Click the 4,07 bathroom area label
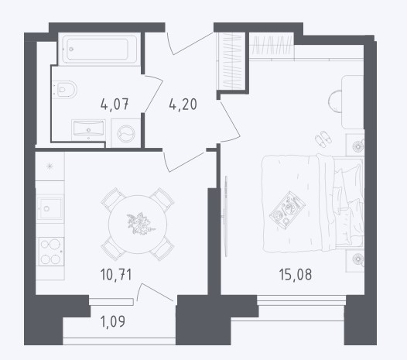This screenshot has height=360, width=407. pos(115,105)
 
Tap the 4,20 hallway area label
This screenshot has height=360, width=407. pos(183,105)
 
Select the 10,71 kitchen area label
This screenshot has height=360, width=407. pos(116,275)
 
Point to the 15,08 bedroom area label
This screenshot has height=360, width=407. pos(296,275)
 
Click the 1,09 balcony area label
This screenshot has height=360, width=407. pos(113,321)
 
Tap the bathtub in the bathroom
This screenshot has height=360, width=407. pos(97,49)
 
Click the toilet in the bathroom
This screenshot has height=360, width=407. pos(65,90)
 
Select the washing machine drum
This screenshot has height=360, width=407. pos(126,134)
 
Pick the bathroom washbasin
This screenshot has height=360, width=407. pos(88,129)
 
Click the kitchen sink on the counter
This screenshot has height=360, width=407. pos(50,208)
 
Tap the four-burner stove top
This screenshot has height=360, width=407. pos(51,252)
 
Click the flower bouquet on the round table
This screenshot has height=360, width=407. pos(141,224)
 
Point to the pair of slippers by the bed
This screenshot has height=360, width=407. pos(323,139)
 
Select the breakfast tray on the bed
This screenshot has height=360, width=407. pos(287,211)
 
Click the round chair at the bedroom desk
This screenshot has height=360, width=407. pos(335,101)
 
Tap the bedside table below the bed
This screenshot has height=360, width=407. pos(355,261)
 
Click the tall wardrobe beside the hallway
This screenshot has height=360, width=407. pos(231,62)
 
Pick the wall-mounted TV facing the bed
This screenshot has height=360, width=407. pos(225,216)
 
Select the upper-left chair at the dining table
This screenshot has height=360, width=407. pos(112,199)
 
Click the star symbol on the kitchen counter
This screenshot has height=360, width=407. pos(50,166)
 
